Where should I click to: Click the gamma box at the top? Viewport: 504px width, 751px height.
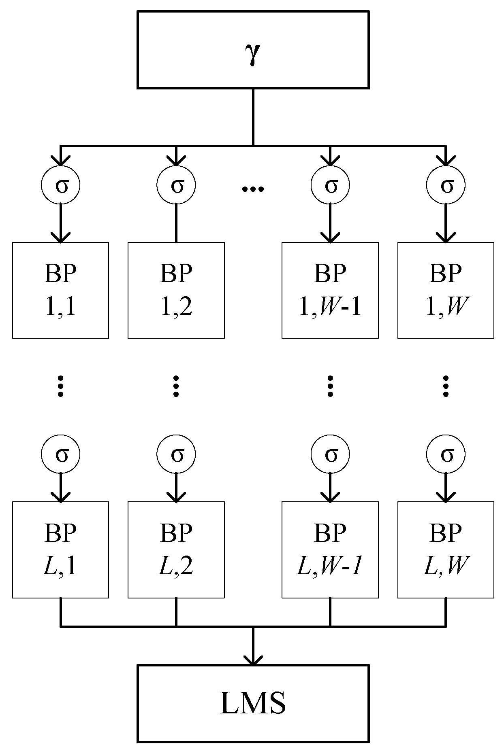253,49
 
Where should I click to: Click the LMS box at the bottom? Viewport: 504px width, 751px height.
253,703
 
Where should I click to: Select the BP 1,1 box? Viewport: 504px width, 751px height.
60,290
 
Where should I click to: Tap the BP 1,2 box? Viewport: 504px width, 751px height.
176,290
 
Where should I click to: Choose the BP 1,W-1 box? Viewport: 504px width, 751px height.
330,290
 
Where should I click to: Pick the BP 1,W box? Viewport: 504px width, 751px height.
446,290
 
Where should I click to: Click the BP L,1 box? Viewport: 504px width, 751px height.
60,549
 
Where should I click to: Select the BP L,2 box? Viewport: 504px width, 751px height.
176,549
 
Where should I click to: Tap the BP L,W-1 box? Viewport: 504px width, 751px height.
330,549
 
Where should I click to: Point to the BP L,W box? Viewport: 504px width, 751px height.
446,549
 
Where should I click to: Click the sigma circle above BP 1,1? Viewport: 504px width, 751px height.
60,185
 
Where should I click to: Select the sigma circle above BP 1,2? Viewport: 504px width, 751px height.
176,185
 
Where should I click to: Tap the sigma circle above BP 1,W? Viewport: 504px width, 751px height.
446,185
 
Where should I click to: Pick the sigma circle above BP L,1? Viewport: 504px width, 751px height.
60,454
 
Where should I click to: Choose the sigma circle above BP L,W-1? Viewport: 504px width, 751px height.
330,454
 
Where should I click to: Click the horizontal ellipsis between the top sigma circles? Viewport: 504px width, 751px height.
253,189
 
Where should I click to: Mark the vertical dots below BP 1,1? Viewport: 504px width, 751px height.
60,386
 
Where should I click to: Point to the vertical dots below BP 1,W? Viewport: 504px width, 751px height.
446,386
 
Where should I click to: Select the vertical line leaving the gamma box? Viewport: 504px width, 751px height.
253,117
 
